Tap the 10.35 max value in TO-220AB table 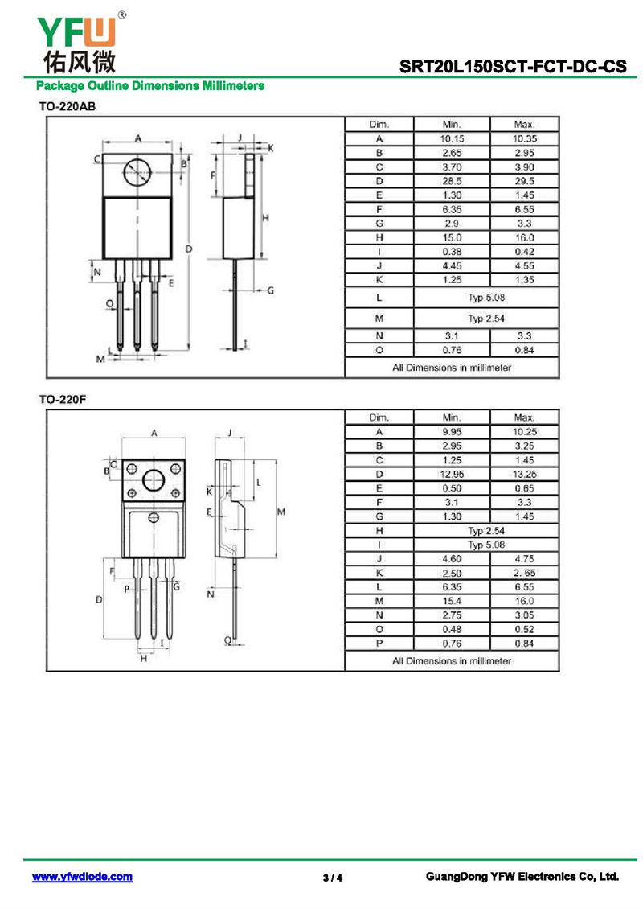[x=524, y=138]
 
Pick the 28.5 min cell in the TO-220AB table [x=452, y=181]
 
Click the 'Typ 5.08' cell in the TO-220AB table [x=485, y=298]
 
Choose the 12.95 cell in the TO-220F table [x=452, y=474]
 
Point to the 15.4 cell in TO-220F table [x=452, y=601]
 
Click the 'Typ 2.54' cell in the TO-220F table [x=485, y=531]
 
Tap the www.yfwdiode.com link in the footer [x=82, y=877]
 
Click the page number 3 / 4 [x=332, y=878]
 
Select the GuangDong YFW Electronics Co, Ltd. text [x=522, y=877]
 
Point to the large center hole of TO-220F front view [x=153, y=481]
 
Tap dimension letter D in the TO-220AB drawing [x=188, y=249]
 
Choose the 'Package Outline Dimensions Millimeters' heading [x=150, y=85]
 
